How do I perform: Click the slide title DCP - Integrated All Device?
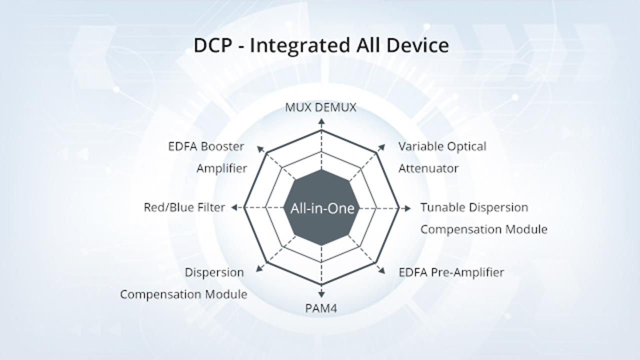[x=321, y=45]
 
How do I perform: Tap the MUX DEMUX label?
[x=321, y=107]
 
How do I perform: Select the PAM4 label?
[x=321, y=308]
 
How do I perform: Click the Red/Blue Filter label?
[x=184, y=207]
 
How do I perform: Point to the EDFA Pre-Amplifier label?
[x=451, y=272]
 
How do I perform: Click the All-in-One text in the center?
[x=322, y=208]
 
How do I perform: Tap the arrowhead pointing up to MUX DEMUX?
[x=321, y=120]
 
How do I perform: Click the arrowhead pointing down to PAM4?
[x=321, y=295]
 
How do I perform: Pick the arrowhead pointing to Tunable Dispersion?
[x=409, y=208]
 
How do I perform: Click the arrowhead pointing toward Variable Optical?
[x=382, y=146]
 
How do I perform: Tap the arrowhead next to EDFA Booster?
[x=259, y=147]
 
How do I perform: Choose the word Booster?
[x=222, y=147]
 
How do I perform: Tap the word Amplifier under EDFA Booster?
[x=221, y=168]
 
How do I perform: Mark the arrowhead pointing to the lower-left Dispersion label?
[x=259, y=269]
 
